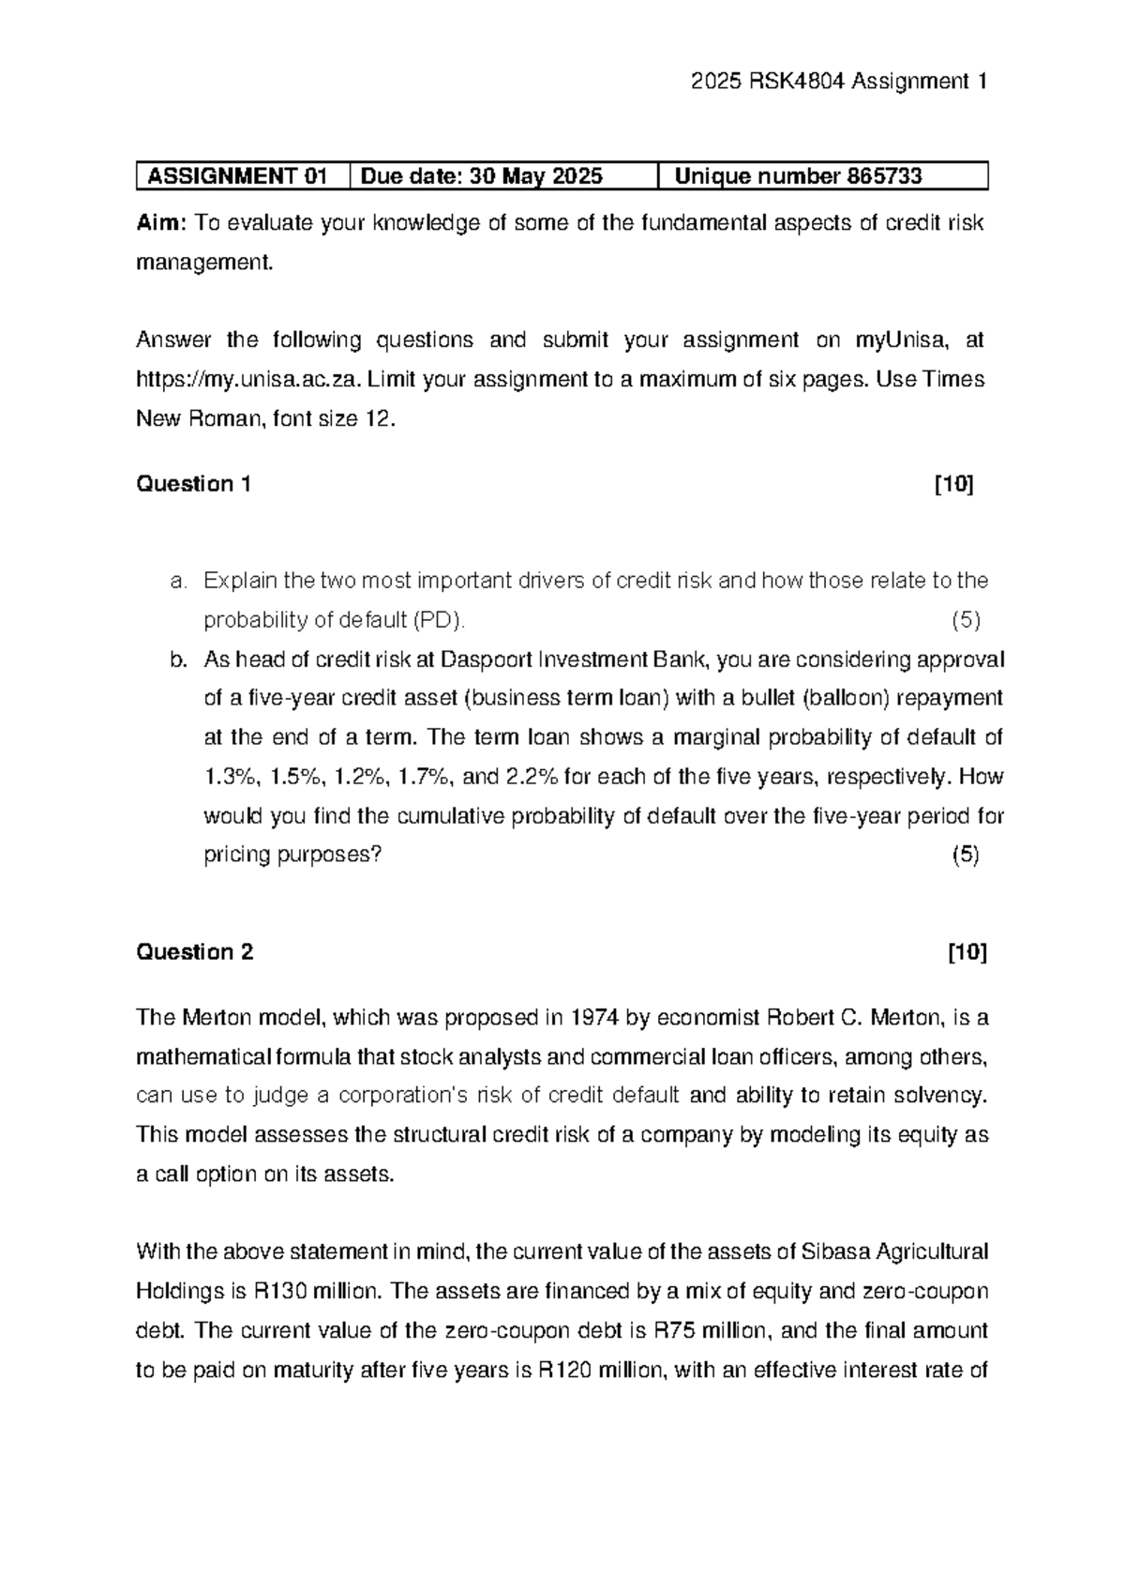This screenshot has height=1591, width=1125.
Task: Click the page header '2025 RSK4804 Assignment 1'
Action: click(838, 82)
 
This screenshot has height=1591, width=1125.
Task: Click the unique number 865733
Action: click(884, 176)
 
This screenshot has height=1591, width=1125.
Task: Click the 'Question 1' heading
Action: click(193, 484)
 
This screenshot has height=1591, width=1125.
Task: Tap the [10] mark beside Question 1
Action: click(953, 484)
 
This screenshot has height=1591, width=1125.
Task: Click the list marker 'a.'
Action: click(179, 581)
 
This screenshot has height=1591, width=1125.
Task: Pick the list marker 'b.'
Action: click(179, 659)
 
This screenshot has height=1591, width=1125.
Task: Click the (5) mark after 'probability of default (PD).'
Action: click(966, 620)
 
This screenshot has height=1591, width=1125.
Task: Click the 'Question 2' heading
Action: click(195, 952)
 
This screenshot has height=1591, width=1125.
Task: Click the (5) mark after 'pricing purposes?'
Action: click(966, 855)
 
